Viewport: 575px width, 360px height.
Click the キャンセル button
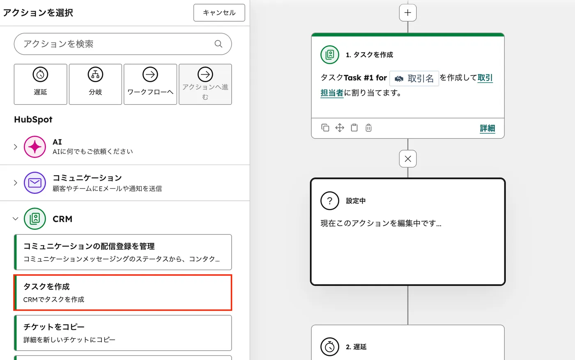219,13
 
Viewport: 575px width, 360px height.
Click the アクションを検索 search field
115,44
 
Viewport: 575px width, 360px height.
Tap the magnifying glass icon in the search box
218,44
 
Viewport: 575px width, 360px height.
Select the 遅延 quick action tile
40,84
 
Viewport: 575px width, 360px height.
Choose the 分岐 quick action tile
95,84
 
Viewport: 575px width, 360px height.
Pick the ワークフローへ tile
150,84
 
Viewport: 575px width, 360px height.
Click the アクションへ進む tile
205,84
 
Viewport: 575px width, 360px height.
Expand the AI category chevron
15,147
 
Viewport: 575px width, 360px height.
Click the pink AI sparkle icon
35,147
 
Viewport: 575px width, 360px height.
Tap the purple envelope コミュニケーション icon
35,183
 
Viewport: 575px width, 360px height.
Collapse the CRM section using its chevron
15,219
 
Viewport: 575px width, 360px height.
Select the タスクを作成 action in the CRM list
123,292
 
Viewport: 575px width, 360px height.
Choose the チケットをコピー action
123,332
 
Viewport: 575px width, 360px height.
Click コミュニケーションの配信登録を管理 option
123,252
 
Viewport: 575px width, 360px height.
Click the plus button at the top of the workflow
408,13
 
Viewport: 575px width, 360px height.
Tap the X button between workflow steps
408,159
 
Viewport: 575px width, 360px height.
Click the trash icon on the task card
368,128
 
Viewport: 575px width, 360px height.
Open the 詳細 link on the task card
487,128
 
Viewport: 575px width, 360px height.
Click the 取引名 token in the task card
414,78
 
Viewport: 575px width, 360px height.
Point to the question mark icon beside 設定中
330,201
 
